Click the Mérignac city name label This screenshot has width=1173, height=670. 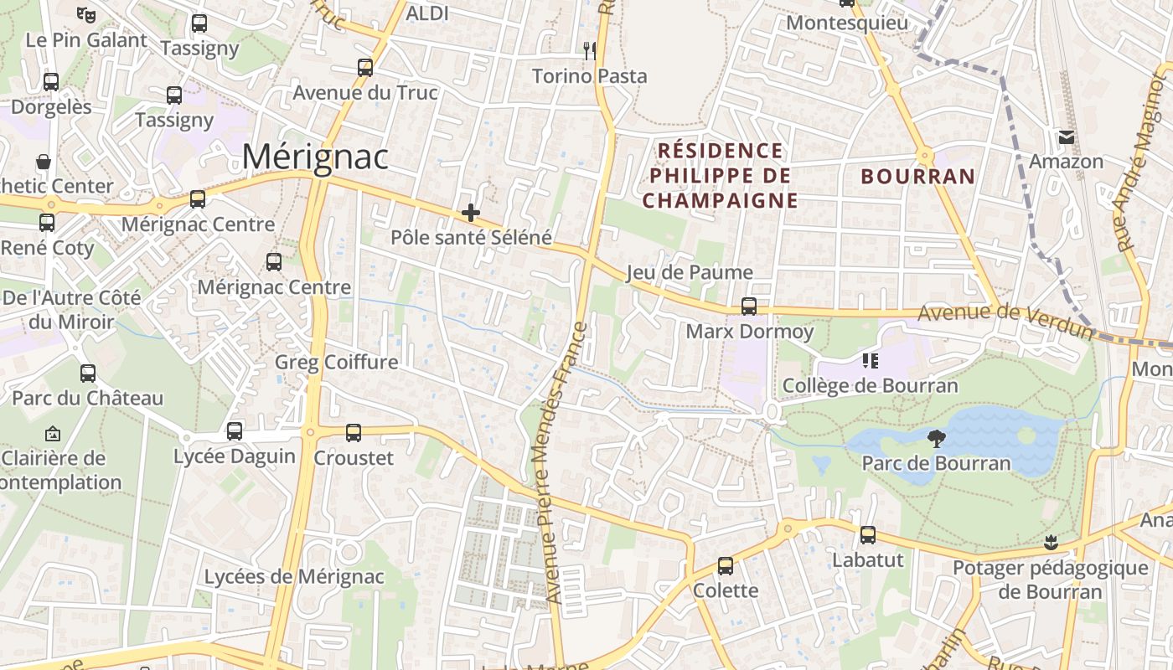316,157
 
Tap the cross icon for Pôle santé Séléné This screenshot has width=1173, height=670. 471,213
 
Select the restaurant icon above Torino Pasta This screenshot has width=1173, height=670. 590,50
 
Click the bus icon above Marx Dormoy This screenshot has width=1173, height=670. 749,307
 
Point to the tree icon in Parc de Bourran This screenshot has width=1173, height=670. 937,438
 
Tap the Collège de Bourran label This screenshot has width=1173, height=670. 870,385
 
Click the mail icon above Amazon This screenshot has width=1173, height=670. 1067,136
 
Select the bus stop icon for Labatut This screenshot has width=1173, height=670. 868,534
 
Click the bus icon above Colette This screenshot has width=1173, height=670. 726,566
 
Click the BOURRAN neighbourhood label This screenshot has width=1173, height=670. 918,177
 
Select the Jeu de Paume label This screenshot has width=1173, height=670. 690,272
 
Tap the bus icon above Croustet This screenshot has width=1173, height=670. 354,433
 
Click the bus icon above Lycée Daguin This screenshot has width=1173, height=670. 235,431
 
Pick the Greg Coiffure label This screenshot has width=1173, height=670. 337,362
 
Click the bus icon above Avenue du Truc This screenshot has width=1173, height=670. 365,68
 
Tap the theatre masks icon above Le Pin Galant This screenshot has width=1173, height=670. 85,14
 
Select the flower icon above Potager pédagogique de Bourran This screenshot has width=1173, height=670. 1051,542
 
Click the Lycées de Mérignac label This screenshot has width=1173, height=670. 294,576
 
